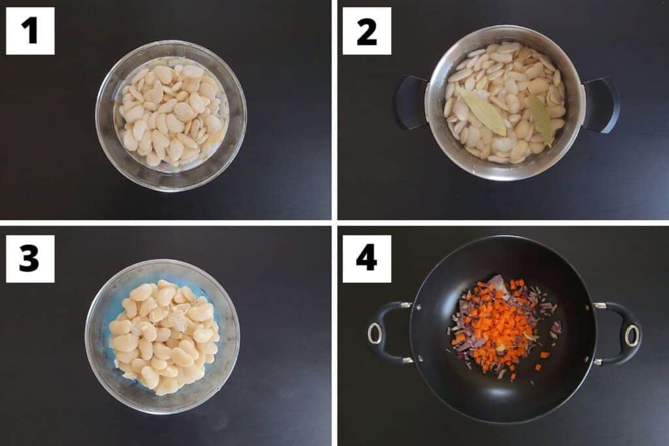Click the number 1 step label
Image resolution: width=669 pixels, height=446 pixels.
[30, 31]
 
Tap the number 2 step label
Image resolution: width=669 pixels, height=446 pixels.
[367, 31]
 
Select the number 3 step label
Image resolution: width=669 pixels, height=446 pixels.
[30, 259]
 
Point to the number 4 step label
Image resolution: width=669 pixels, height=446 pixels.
[367, 259]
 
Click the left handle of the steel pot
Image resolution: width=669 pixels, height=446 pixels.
[410, 102]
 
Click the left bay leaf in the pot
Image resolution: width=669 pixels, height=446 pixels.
[483, 112]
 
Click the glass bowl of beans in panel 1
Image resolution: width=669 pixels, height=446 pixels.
[171, 116]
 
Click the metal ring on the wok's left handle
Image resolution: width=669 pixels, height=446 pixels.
[375, 334]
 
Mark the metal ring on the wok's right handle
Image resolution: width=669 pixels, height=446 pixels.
[631, 335]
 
